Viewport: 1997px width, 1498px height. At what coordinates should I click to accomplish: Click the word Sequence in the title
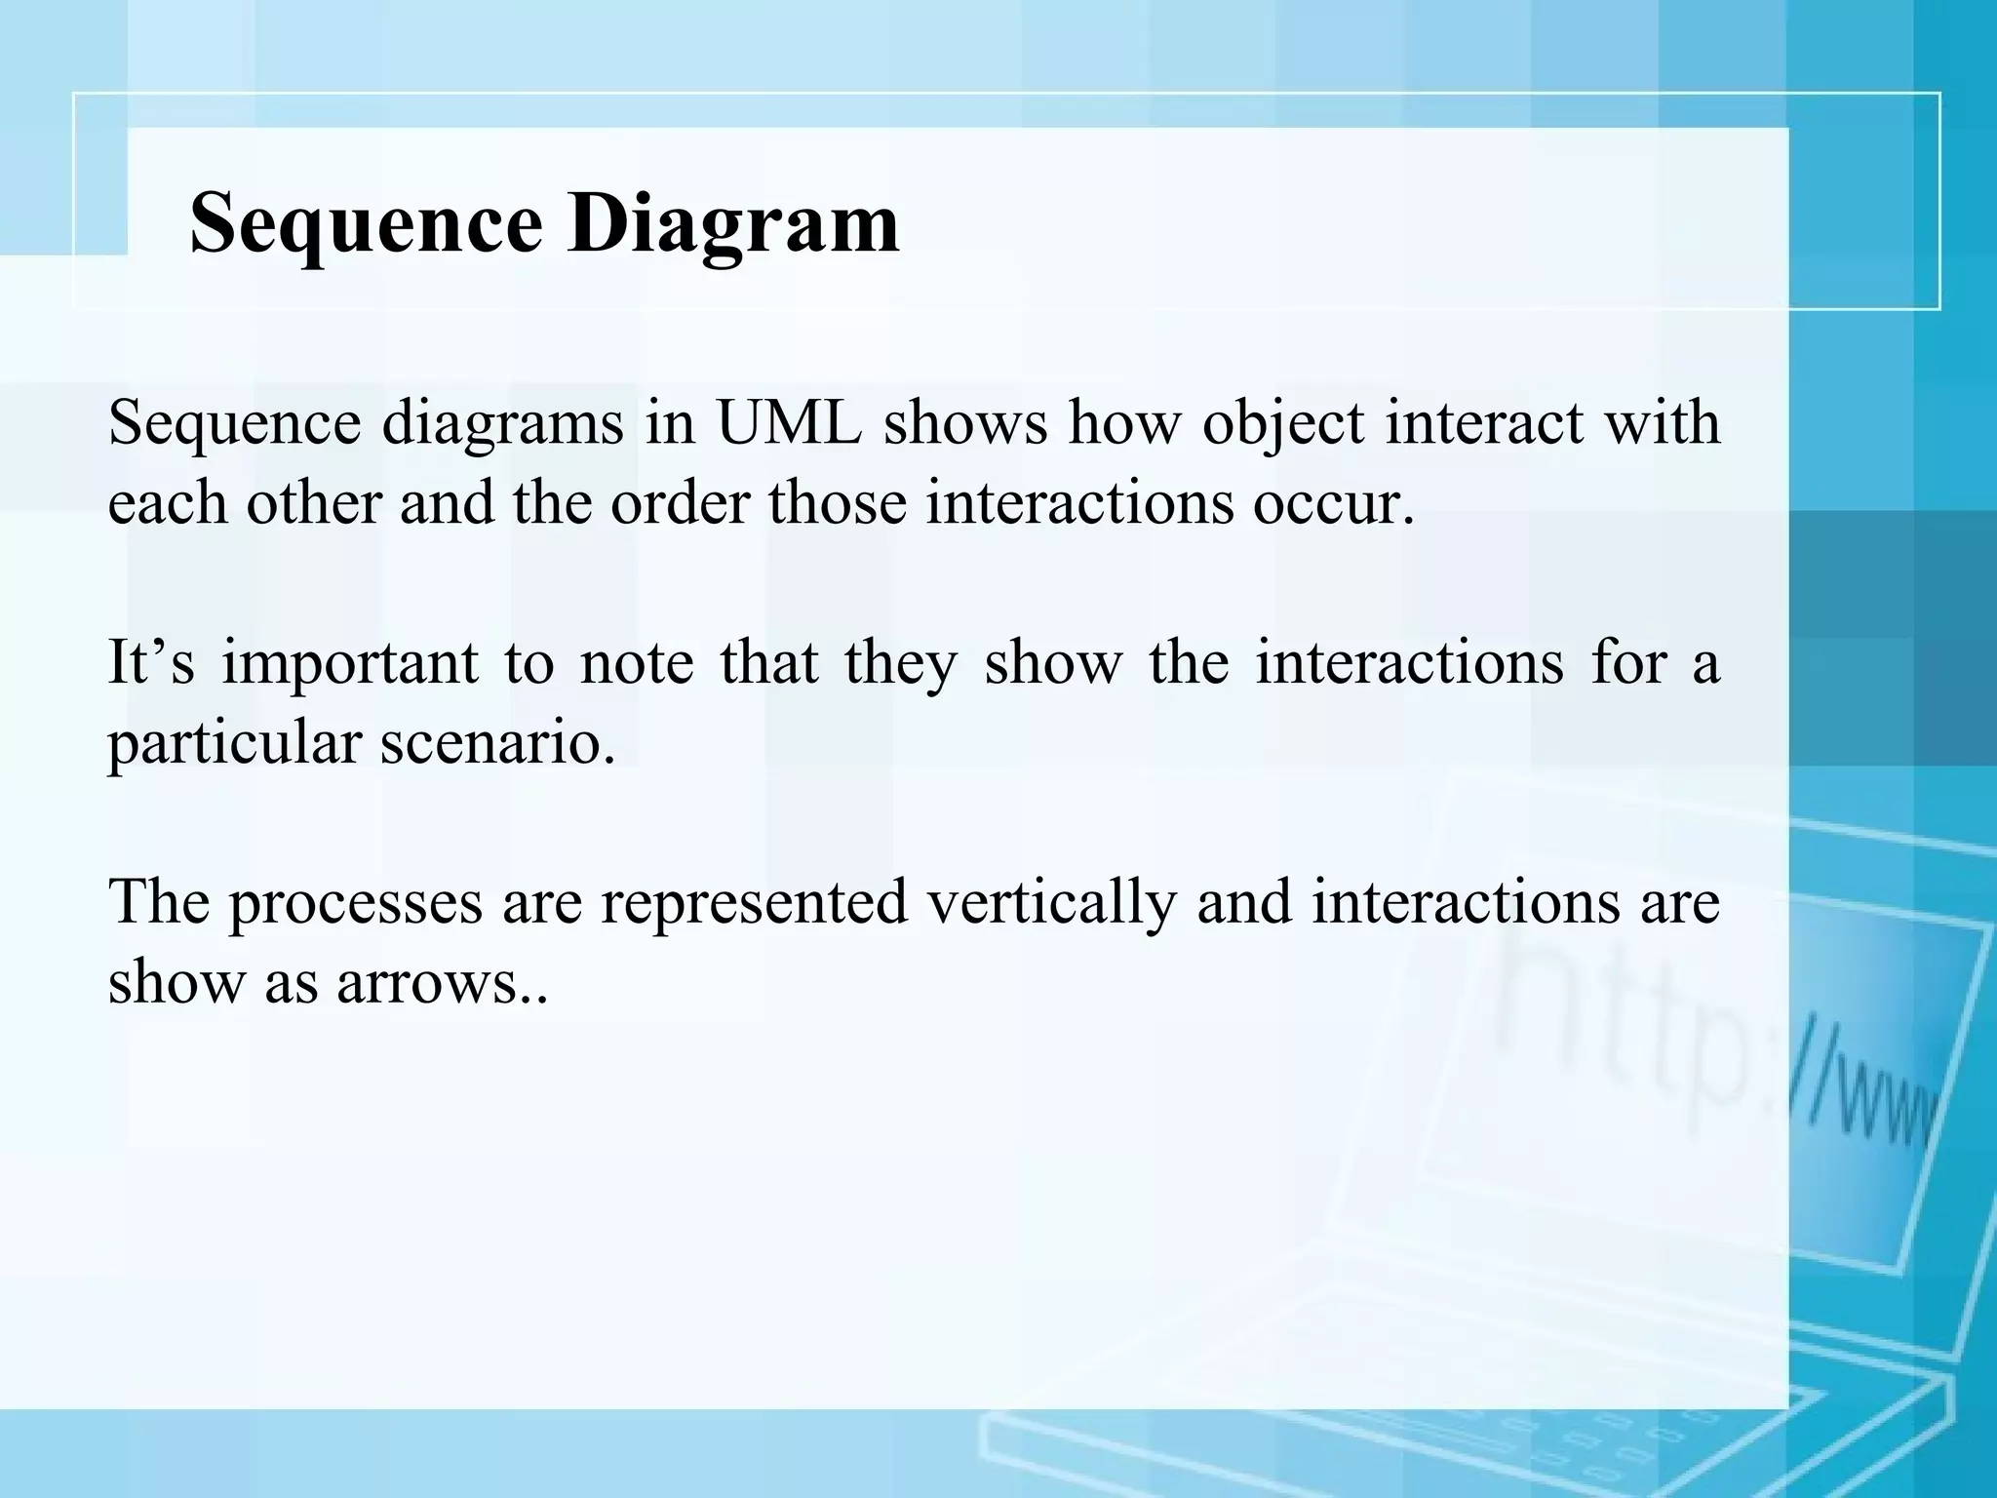tap(366, 224)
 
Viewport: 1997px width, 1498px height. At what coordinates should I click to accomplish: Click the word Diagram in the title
tap(733, 224)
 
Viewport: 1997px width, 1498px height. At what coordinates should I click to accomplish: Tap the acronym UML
tap(790, 423)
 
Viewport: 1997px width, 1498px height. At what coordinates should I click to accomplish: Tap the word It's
tap(150, 662)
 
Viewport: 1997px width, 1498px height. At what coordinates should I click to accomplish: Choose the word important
tap(349, 664)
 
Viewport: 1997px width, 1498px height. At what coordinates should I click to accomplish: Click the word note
tap(637, 662)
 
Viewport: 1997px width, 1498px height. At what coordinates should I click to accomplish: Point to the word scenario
tap(497, 743)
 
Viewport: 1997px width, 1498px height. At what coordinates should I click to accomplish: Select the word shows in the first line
tap(965, 423)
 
